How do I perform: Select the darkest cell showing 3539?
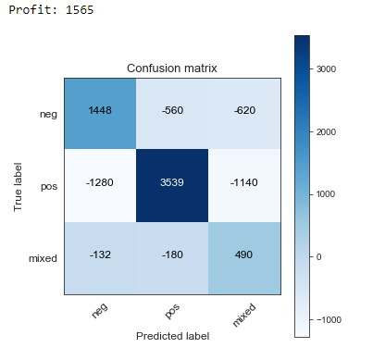[172, 184]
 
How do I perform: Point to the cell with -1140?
[244, 184]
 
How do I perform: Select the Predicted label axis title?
[172, 335]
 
